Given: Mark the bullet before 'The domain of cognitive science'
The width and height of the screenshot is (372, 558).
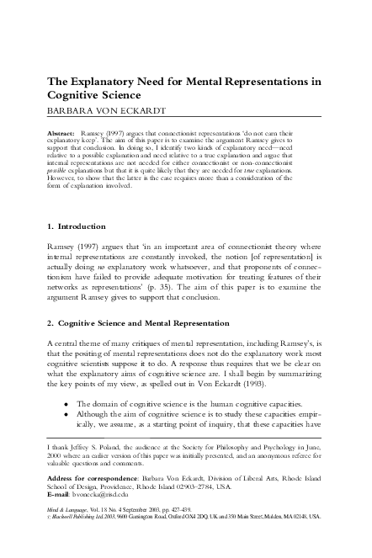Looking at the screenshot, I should tap(66, 404).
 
